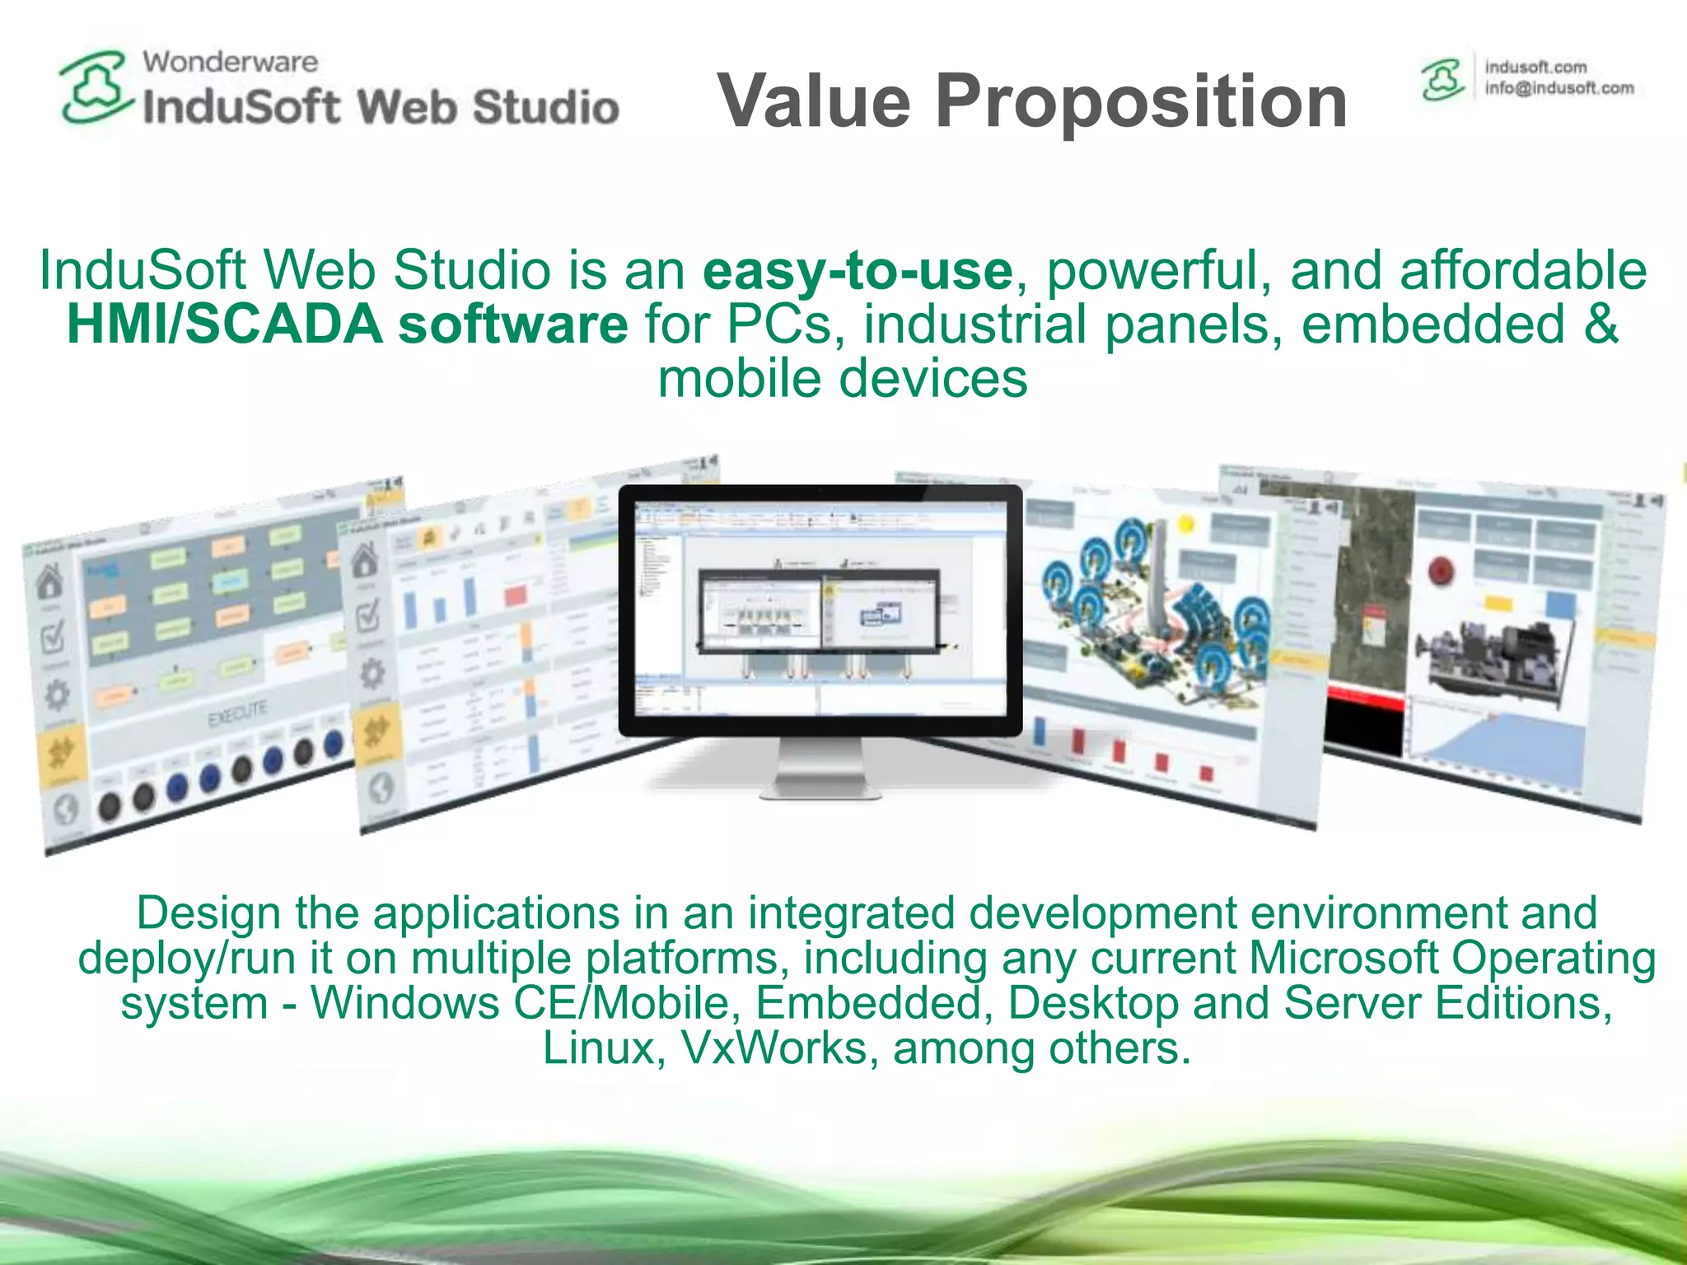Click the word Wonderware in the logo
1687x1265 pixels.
[x=230, y=62]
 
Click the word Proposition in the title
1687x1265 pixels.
[x=1142, y=101]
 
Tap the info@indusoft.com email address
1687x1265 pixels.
[x=1558, y=88]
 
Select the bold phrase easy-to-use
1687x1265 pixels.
[x=857, y=271]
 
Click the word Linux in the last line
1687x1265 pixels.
[x=602, y=1048]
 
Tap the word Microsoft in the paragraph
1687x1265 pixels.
[x=1344, y=959]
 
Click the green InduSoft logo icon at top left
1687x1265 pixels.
[x=95, y=86]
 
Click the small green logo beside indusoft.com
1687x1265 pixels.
[x=1442, y=80]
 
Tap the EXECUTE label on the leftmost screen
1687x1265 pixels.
[x=237, y=713]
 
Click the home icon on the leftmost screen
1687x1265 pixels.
[x=49, y=581]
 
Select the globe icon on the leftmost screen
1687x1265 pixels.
[x=66, y=810]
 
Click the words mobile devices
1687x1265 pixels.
[x=842, y=380]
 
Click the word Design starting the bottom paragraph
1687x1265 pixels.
[x=208, y=913]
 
